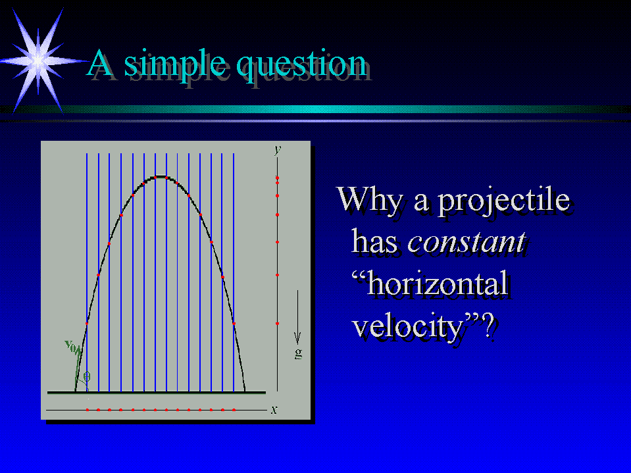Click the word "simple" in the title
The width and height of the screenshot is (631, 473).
click(174, 64)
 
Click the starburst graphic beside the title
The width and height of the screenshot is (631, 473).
click(38, 61)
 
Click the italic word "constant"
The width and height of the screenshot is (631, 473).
click(467, 242)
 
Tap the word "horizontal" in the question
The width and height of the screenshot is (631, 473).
click(430, 283)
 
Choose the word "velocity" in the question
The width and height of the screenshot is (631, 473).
click(409, 326)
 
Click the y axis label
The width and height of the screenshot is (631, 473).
click(278, 149)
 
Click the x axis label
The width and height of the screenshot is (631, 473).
click(274, 410)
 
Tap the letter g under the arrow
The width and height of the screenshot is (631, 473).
click(298, 353)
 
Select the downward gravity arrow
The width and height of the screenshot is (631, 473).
click(298, 317)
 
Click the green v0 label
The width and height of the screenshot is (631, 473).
click(71, 345)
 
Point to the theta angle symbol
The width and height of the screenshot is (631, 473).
click(87, 376)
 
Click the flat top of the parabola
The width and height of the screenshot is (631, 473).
click(161, 176)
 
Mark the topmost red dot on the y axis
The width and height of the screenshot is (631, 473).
click(277, 178)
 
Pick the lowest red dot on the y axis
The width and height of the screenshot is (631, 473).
click(277, 324)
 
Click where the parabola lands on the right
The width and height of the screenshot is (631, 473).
click(245, 390)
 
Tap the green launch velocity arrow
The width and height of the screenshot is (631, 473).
click(78, 369)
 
